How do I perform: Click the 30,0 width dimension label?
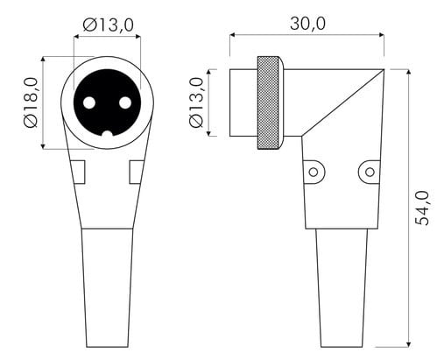pyautogui.click(x=307, y=24)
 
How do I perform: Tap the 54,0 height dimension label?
pyautogui.click(x=422, y=208)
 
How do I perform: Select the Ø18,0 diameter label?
pyautogui.click(x=32, y=102)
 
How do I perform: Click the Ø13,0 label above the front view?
pyautogui.click(x=109, y=25)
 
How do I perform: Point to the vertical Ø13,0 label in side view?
pyautogui.click(x=196, y=102)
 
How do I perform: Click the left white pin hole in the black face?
pyautogui.click(x=89, y=102)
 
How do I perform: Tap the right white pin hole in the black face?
pyautogui.click(x=125, y=102)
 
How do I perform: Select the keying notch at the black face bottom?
pyautogui.click(x=108, y=134)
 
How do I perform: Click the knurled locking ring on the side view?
pyautogui.click(x=268, y=102)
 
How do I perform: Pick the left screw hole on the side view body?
pyautogui.click(x=314, y=172)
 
